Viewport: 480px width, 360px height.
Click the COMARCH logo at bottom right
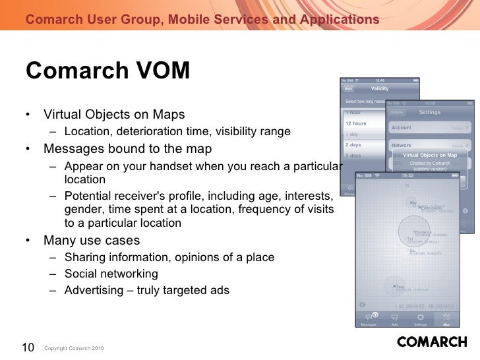click(x=432, y=342)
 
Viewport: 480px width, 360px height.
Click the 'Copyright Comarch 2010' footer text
click(x=73, y=348)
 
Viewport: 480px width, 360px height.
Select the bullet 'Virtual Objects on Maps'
click(x=114, y=115)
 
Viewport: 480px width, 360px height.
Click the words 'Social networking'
click(x=111, y=274)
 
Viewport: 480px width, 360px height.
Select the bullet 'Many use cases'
click(x=92, y=239)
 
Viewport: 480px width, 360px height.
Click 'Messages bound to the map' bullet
click(x=127, y=148)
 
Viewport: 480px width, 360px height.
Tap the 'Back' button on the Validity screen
click(x=349, y=88)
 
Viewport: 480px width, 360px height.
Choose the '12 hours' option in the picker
click(x=356, y=123)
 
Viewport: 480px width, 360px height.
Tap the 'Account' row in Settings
click(x=402, y=127)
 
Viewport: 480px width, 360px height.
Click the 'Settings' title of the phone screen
click(x=429, y=112)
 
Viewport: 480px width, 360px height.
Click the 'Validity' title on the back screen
click(x=380, y=88)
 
